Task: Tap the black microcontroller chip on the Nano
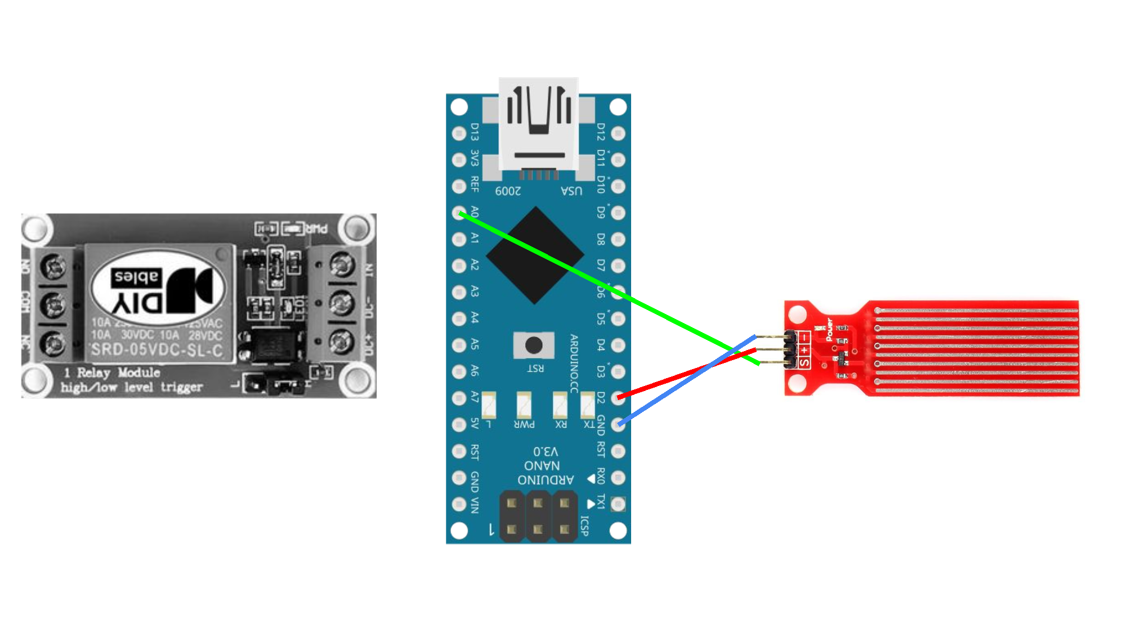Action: [535, 255]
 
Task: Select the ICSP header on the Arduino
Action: [538, 516]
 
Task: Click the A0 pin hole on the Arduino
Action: [459, 213]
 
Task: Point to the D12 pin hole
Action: [618, 133]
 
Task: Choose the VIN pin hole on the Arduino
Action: [459, 504]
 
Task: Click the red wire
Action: [687, 374]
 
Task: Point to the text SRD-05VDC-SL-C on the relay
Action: [157, 350]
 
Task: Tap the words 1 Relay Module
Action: [112, 372]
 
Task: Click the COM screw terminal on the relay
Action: [54, 304]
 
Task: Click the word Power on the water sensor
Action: [829, 330]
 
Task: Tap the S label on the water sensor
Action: [805, 363]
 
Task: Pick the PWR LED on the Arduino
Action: [524, 405]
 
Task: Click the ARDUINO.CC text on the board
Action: [574, 363]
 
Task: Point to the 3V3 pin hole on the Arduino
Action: [459, 159]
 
